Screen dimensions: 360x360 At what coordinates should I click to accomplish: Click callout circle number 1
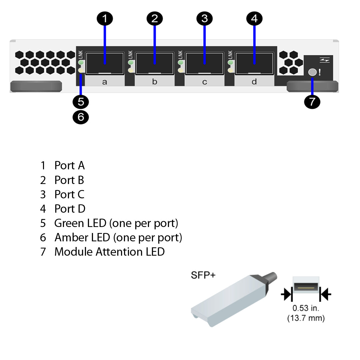(105, 19)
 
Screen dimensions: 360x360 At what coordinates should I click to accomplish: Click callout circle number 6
(81, 117)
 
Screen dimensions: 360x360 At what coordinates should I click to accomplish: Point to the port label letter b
(154, 82)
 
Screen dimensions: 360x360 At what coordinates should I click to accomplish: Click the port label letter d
(254, 82)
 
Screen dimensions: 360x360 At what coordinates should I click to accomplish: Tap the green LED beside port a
(81, 62)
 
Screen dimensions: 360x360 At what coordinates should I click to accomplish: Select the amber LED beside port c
(180, 70)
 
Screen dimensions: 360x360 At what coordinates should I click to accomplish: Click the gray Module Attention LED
(312, 72)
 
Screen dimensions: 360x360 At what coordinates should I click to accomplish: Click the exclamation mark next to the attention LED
(320, 72)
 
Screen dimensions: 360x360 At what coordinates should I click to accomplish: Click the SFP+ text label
(203, 275)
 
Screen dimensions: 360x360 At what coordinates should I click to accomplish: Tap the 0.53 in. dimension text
(306, 308)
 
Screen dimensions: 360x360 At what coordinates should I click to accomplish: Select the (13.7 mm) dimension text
(306, 318)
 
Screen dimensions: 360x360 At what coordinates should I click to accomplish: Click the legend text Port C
(69, 194)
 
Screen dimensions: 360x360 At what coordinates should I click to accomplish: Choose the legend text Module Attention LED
(109, 252)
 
